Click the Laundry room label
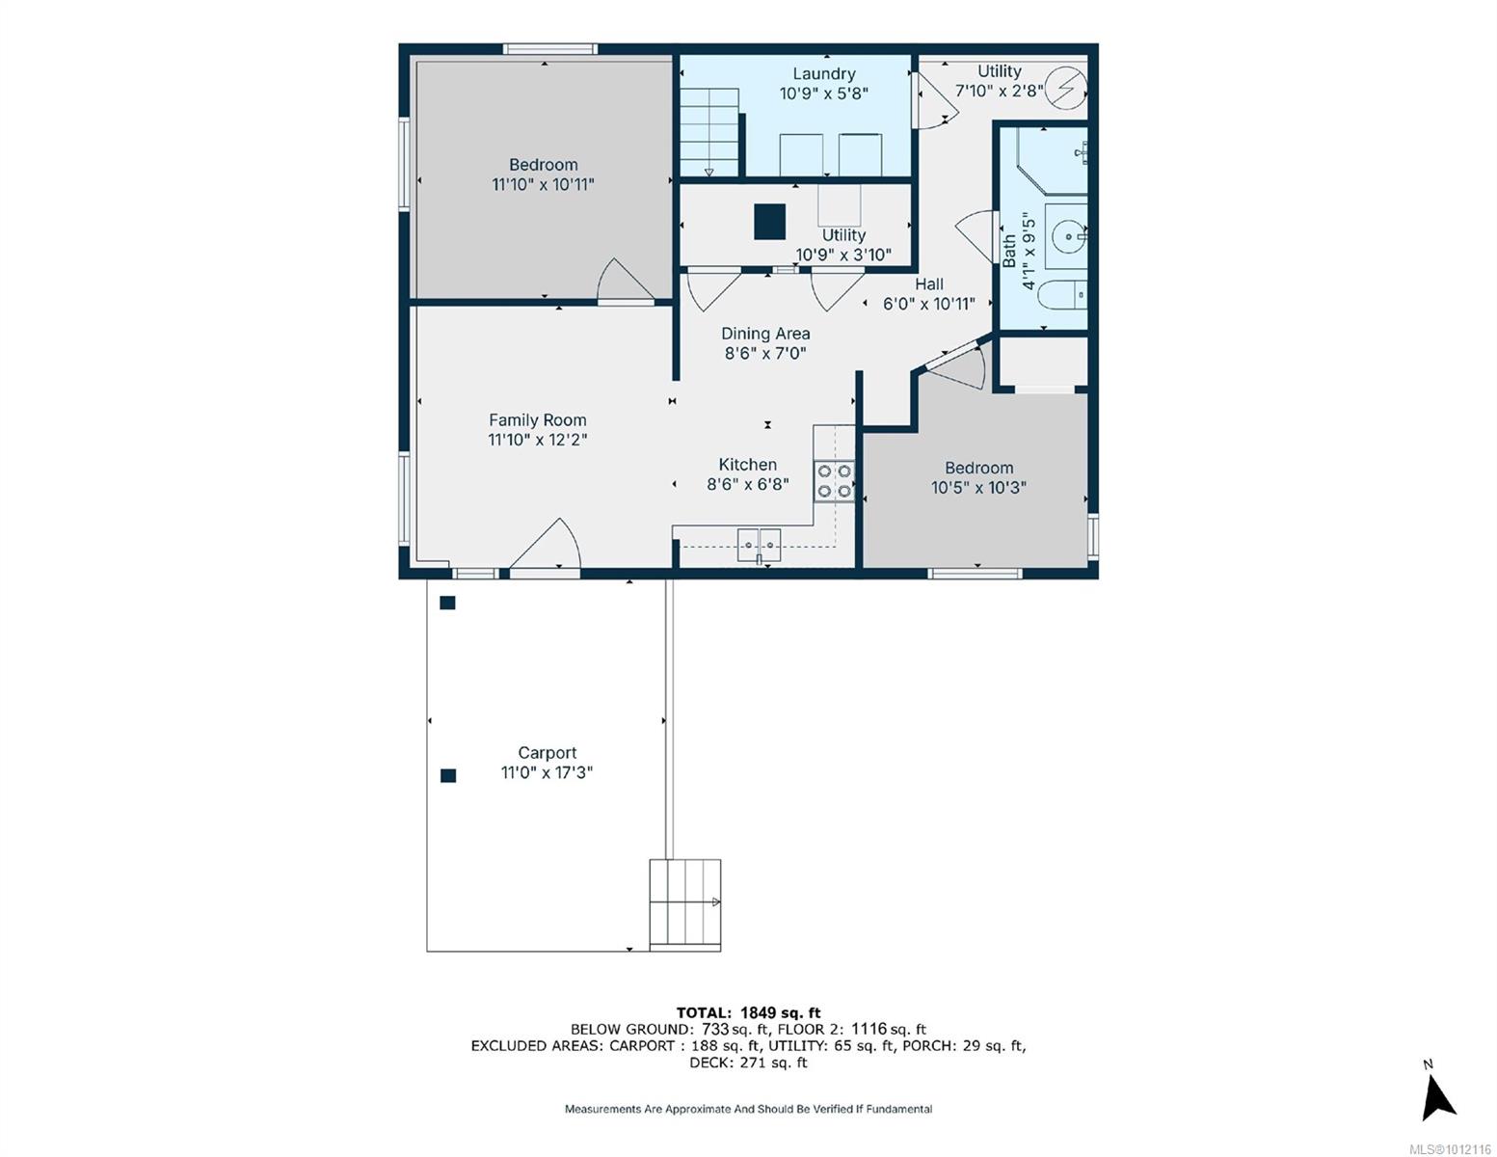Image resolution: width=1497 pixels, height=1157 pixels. tap(823, 73)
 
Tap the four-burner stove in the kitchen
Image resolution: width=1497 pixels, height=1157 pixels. tap(834, 481)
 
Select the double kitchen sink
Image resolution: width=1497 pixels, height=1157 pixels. tap(759, 546)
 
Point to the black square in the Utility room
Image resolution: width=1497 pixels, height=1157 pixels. tap(769, 222)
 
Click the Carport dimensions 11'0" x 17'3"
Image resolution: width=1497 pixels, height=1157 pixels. tap(547, 772)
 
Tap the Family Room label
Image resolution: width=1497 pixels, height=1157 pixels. tap(537, 419)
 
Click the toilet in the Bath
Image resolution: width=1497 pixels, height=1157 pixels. tap(1063, 295)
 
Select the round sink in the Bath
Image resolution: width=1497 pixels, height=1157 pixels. tap(1069, 236)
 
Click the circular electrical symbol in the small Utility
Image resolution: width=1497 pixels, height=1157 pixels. tap(1066, 88)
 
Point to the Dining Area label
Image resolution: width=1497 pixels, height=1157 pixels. tap(765, 334)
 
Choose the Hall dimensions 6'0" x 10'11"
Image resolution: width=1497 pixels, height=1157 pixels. tap(928, 304)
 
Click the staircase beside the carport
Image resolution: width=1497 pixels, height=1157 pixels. tap(685, 904)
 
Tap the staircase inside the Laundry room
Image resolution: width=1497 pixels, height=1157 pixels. tap(709, 132)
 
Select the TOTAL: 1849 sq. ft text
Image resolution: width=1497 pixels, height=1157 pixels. tap(748, 1012)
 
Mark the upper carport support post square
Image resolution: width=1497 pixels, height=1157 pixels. tap(448, 603)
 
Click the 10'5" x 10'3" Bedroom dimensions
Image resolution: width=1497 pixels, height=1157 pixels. tap(978, 488)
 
